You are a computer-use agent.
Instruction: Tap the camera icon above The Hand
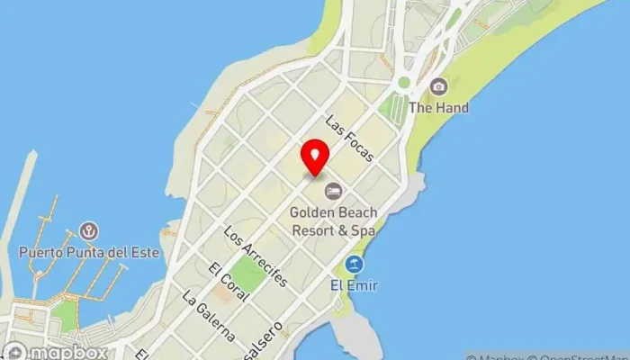pyautogui.click(x=438, y=86)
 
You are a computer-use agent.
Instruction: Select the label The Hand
pyautogui.click(x=438, y=108)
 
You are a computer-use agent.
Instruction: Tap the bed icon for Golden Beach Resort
pyautogui.click(x=333, y=191)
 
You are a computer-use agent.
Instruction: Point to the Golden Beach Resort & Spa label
pyautogui.click(x=333, y=220)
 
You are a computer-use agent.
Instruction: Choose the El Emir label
pyautogui.click(x=354, y=286)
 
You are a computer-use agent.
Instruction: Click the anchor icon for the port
pyautogui.click(x=88, y=231)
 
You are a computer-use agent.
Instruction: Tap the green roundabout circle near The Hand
pyautogui.click(x=404, y=83)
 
